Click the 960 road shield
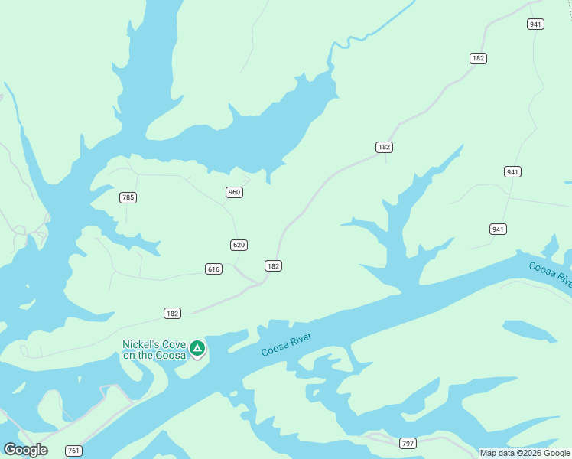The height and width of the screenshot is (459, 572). [x=235, y=192]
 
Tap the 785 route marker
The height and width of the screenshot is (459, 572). [x=128, y=197]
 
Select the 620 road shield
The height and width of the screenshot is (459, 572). [x=238, y=245]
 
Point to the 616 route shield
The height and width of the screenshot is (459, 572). [x=213, y=269]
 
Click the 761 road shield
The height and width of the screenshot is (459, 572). [x=73, y=451]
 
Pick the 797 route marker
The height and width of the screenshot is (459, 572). [x=408, y=443]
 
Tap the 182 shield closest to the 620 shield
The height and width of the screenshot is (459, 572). [x=273, y=265]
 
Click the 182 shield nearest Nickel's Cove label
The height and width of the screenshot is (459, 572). [x=172, y=313]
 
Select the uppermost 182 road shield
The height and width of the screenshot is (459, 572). [x=478, y=58]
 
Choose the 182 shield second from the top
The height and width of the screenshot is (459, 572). [x=384, y=146]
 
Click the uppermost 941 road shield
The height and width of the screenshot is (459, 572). [x=535, y=24]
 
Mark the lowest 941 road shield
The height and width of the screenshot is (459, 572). [x=498, y=229]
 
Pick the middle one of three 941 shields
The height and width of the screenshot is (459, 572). [x=512, y=171]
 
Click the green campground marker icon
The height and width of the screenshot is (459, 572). [x=197, y=349]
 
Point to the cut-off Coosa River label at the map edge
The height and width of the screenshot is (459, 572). [x=550, y=274]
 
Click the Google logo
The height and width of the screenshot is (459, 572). [x=25, y=450]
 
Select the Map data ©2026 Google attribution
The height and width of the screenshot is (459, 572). [x=525, y=453]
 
